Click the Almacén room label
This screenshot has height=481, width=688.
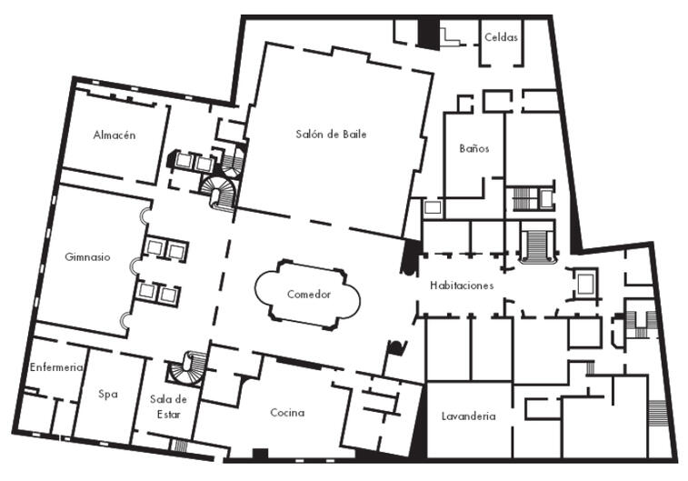115,135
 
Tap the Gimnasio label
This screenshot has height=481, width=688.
87,256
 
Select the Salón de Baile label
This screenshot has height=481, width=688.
331,134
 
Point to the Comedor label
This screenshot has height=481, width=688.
308,294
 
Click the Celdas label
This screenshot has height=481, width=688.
501,37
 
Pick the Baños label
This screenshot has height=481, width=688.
474,148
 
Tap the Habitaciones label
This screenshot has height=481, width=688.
462,286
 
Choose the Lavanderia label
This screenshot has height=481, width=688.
469,416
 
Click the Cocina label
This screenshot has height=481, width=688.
287,412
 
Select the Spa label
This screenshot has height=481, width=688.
108,394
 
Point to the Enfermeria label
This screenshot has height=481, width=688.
56,367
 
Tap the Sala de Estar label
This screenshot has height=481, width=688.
168,406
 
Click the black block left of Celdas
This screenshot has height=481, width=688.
428,34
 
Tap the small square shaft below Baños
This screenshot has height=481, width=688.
433,207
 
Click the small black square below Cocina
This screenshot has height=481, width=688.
260,454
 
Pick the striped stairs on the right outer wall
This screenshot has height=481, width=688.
658,413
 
